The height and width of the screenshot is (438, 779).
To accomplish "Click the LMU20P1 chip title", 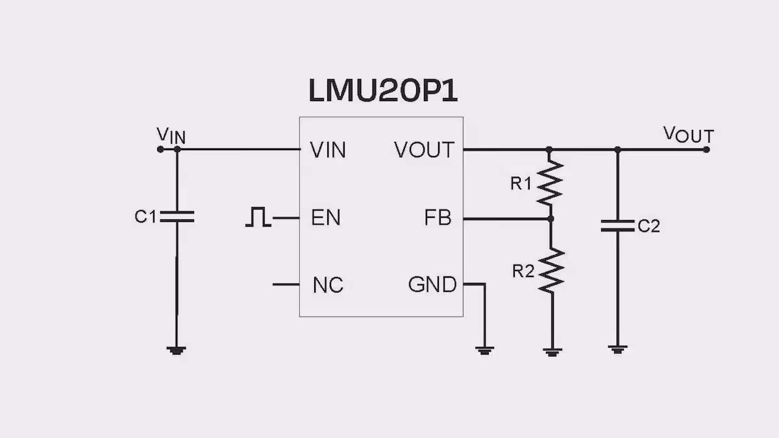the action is click(383, 90).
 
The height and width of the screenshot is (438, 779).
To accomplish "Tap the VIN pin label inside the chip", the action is click(328, 150).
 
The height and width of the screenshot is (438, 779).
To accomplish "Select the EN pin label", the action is click(326, 217).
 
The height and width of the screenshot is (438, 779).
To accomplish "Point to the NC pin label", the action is click(328, 285).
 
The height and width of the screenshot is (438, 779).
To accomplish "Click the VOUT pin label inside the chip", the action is click(424, 150).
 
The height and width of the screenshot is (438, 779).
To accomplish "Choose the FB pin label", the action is click(438, 217).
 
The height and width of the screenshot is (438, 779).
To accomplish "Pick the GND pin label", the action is click(432, 284).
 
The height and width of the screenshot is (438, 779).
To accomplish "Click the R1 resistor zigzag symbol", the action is click(550, 182).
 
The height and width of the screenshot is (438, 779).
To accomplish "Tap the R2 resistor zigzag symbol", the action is click(552, 270).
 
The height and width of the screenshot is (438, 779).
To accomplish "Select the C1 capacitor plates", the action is click(177, 216).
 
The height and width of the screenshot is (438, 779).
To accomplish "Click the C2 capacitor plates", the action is click(617, 226).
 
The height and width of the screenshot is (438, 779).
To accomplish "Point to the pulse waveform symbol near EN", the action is click(258, 217).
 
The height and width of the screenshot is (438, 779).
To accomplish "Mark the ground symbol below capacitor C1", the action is click(177, 350).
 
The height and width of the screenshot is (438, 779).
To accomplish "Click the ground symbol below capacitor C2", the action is click(617, 349).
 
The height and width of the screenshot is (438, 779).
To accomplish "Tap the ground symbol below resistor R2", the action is click(552, 352).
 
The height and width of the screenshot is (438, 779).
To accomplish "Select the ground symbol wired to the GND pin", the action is click(484, 351).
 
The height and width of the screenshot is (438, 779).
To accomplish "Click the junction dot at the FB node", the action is click(550, 219).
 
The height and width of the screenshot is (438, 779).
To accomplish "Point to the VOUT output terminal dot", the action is click(706, 150).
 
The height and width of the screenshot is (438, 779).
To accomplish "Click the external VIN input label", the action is click(171, 136).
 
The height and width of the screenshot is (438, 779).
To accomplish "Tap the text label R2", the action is click(523, 271).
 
